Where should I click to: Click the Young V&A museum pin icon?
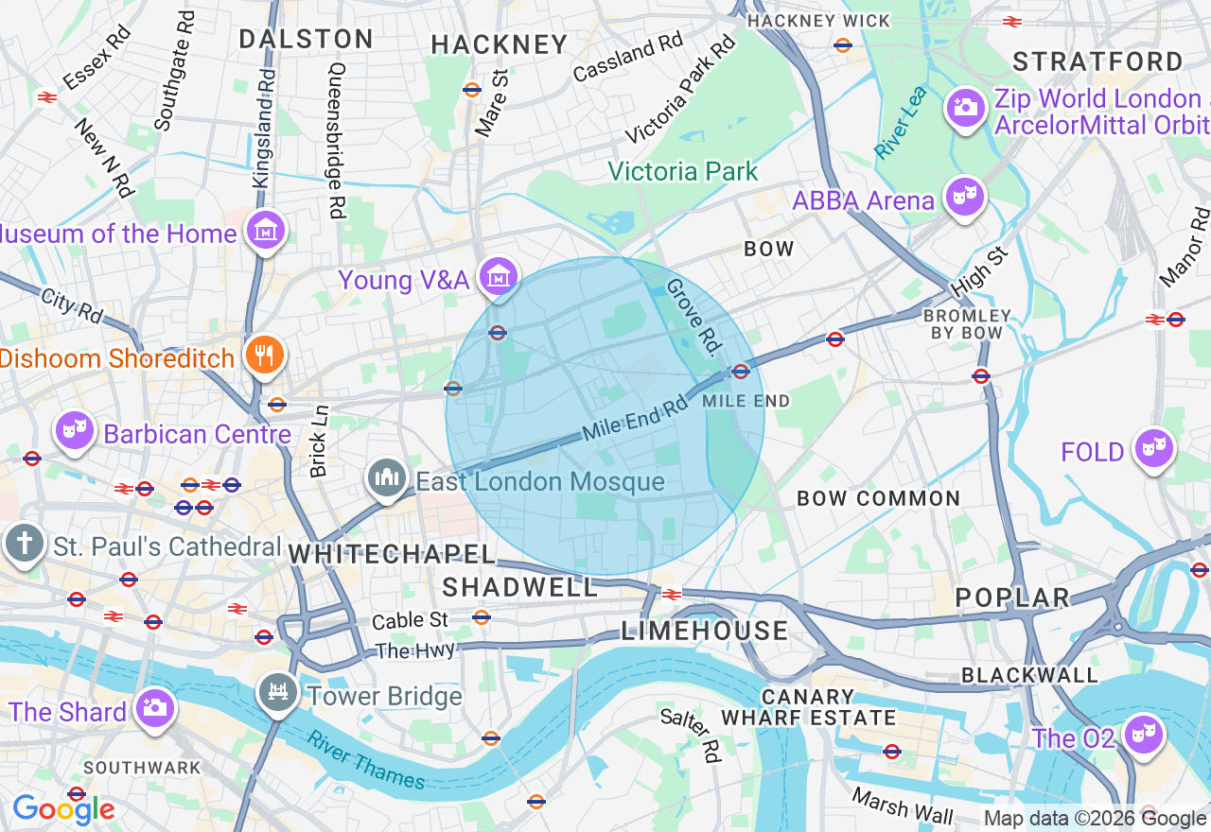(x=498, y=276)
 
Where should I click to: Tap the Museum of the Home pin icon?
(x=266, y=230)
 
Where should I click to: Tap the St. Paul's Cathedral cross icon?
(x=24, y=544)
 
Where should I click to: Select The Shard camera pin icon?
(x=153, y=707)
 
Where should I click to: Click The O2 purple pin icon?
(x=1143, y=734)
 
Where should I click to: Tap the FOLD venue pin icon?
(x=1153, y=448)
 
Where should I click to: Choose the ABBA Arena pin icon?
(x=964, y=197)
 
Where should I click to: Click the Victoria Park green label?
(x=682, y=171)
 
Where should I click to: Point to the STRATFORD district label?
(x=1097, y=62)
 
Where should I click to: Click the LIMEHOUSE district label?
(x=704, y=631)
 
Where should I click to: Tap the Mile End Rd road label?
(x=634, y=418)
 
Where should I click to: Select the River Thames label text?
(x=367, y=760)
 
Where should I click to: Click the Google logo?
(x=63, y=809)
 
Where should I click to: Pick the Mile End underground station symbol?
(x=741, y=372)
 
